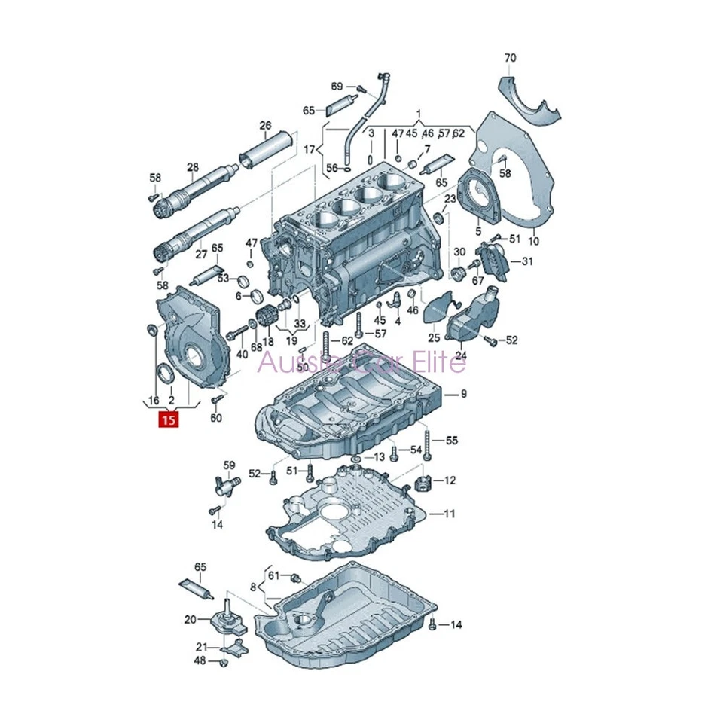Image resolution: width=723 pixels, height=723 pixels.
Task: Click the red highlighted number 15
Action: coord(168,420)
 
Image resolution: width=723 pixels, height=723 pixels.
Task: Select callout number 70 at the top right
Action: coord(511,58)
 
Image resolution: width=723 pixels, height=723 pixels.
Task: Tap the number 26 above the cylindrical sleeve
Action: coord(265,125)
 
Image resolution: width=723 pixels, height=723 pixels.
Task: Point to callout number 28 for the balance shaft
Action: coord(193,166)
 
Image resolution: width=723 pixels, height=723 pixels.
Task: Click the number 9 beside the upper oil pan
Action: coord(464,393)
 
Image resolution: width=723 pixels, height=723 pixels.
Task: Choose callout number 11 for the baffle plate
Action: coord(449,514)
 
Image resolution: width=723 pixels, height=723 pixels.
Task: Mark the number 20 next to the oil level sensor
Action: coord(190,619)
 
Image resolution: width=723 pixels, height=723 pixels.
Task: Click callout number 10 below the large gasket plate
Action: coord(533,242)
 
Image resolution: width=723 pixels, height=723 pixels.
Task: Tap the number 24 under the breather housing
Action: coord(460,355)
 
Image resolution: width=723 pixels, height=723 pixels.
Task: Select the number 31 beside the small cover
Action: coord(526,261)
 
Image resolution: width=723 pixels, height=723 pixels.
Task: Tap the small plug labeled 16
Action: coord(151,329)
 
